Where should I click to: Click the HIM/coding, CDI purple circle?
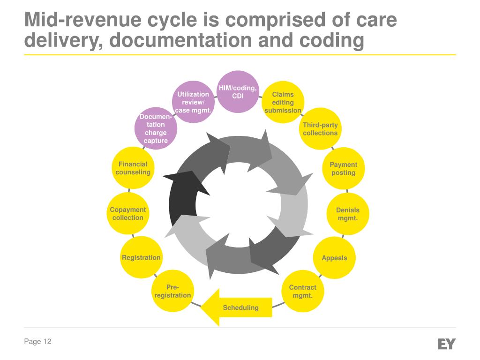tap(238, 92)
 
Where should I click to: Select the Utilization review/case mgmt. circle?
tap(193, 102)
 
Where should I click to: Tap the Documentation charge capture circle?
tap(155, 128)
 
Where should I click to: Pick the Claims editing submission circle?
tap(283, 102)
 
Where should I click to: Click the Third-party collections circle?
tap(320, 129)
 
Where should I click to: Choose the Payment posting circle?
tap(344, 169)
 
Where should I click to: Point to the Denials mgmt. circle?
tap(348, 214)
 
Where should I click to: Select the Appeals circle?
tap(334, 258)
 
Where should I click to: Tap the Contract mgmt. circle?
tap(302, 291)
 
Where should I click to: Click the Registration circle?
tap(141, 258)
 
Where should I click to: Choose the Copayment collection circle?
tap(128, 214)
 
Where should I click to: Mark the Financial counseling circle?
tap(133, 168)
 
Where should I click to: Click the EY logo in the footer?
tap(446, 344)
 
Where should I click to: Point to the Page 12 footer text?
tap(37, 342)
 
